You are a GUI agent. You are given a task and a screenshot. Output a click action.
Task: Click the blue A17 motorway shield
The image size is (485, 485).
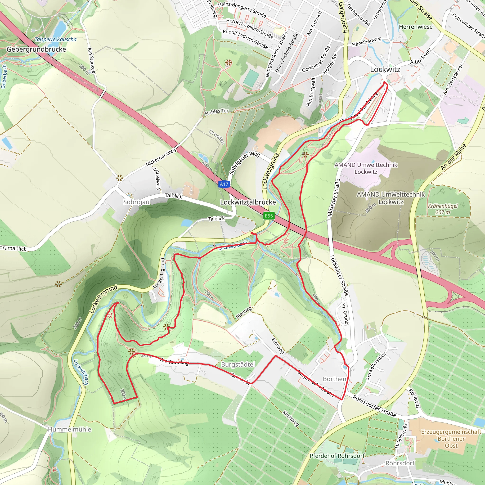pos(224,184)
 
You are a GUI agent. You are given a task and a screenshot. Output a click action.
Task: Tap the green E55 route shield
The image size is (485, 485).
pos(269,216)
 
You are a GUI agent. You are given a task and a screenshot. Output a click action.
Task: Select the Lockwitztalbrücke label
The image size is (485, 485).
pos(248,202)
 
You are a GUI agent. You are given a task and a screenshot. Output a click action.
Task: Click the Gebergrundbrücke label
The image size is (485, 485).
pos(36,49)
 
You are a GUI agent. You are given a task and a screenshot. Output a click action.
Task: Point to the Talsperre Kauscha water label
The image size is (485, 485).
pos(55,39)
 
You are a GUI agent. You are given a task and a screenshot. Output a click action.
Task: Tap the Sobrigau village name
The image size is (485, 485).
pos(136,202)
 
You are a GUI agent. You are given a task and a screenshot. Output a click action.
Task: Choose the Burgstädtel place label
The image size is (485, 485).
pos(238,364)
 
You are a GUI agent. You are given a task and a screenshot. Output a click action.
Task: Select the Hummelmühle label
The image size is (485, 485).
pos(70,429)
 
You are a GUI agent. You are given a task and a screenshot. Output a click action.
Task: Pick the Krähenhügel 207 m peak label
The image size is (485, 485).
pos(443,209)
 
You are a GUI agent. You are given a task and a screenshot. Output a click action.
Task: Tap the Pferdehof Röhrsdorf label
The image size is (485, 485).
pos(337,456)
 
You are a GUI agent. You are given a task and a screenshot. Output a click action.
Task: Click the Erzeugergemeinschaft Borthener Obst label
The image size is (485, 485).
pos(451,439)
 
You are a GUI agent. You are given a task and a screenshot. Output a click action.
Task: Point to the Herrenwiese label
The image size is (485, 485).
pos(416,27)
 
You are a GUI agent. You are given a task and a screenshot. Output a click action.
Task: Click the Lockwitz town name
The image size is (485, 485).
pos(385,69)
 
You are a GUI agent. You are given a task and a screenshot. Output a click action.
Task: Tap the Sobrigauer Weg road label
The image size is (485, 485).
pos(244,163)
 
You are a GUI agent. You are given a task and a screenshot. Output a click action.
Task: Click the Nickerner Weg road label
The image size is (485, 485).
pos(161,157)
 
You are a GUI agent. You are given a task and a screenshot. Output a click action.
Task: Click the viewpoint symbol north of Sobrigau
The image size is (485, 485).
pos(120,179)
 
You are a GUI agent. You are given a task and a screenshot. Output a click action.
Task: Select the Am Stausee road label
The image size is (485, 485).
pos(91,60)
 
